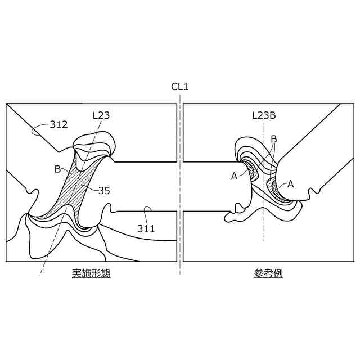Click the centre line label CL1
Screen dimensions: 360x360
click(x=180, y=87)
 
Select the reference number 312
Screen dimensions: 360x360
click(x=59, y=124)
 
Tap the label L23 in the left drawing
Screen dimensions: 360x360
click(x=101, y=115)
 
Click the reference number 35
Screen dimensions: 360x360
click(x=104, y=191)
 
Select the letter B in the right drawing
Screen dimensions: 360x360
click(x=274, y=139)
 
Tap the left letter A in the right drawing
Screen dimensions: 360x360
click(x=234, y=175)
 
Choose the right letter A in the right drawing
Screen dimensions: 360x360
click(x=291, y=183)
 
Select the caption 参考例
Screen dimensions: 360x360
click(x=268, y=274)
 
